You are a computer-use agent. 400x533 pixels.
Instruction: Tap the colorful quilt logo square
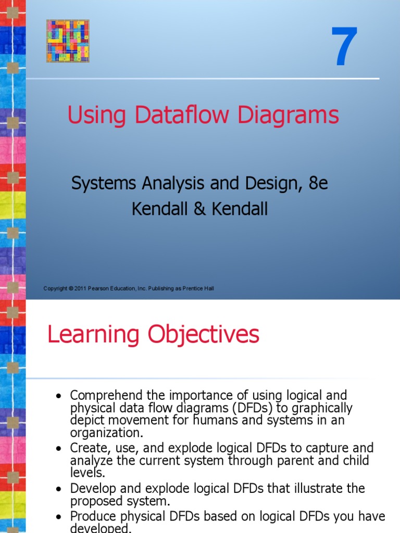point(68,41)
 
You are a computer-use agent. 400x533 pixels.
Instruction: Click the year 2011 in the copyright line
point(80,289)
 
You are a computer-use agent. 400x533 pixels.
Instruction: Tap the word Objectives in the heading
point(203,334)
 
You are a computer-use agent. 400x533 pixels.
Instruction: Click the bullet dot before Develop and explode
point(59,489)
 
